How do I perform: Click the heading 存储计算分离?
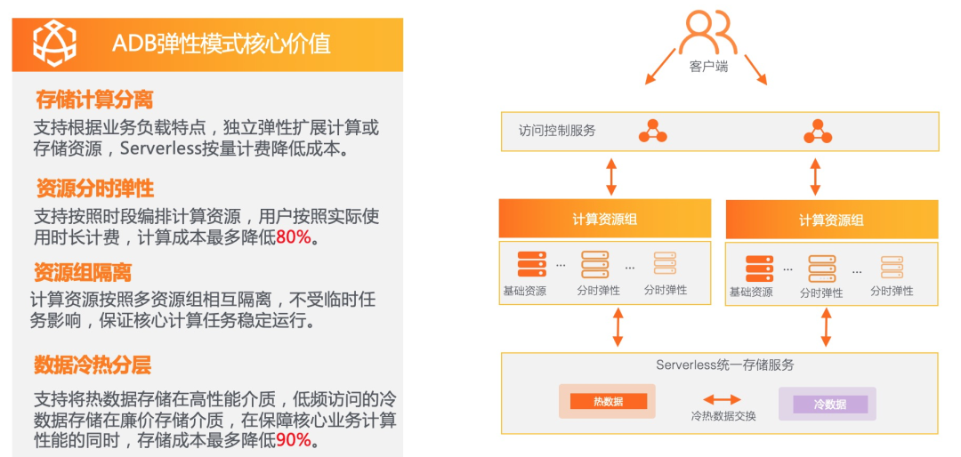click(94, 99)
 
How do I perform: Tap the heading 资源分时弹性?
click(94, 188)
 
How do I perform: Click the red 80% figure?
click(295, 237)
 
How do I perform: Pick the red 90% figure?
click(294, 440)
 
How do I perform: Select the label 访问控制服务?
click(557, 131)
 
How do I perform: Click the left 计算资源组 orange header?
click(604, 219)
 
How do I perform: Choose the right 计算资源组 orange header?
click(831, 220)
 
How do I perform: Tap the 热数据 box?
click(608, 402)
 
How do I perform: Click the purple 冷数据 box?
click(828, 404)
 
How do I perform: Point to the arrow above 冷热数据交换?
click(722, 400)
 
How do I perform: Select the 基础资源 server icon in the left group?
click(531, 264)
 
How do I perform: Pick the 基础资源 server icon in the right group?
click(759, 268)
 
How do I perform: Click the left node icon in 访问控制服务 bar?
click(652, 132)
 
